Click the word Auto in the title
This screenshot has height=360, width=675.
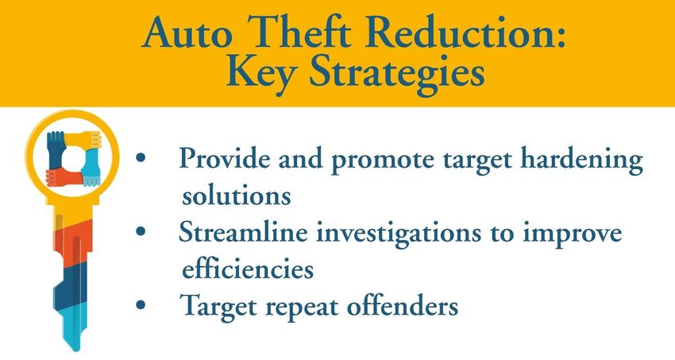[187, 33]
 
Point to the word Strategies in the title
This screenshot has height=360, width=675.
[397, 73]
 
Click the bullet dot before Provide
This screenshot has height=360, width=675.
[141, 158]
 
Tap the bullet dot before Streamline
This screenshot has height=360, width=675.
[141, 232]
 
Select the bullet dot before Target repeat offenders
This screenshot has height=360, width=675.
[141, 305]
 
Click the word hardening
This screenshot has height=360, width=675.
[581, 161]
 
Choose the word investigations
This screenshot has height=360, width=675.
[399, 234]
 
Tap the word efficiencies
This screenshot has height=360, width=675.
[248, 269]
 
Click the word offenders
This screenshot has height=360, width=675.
[402, 306]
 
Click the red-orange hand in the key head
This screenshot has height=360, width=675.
[64, 177]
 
